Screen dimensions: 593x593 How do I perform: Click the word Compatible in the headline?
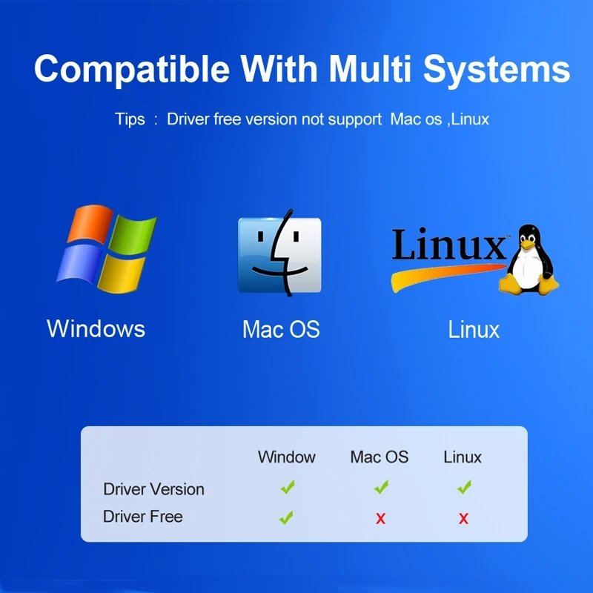pyautogui.click(x=132, y=69)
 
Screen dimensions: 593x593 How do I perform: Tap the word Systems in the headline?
pyautogui.click(x=497, y=70)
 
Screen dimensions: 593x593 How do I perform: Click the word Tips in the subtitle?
pyautogui.click(x=130, y=119)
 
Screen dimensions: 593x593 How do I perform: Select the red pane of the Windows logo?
pyautogui.click(x=90, y=224)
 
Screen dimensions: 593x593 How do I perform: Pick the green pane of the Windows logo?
pyautogui.click(x=134, y=233)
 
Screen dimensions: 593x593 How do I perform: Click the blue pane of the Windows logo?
pyautogui.click(x=79, y=264)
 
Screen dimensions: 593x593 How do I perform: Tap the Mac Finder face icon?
pyautogui.click(x=279, y=254)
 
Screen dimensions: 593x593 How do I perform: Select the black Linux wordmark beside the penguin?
pyautogui.click(x=448, y=244)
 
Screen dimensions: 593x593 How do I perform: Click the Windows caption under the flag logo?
pyautogui.click(x=96, y=328)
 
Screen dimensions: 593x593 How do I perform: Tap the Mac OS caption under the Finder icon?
pyautogui.click(x=281, y=329)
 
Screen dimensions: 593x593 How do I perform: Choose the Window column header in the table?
pyautogui.click(x=287, y=457)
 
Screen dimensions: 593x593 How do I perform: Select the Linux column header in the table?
pyautogui.click(x=462, y=457)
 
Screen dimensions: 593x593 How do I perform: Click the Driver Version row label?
pyautogui.click(x=153, y=489)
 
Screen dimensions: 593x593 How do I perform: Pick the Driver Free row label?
pyautogui.click(x=143, y=516)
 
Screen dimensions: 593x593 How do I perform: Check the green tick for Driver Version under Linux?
pyautogui.click(x=465, y=487)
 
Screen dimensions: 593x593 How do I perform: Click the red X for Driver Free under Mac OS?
pyautogui.click(x=381, y=518)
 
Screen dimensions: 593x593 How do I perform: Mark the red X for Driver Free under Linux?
pyautogui.click(x=464, y=518)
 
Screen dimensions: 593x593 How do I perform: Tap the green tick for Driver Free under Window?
pyautogui.click(x=286, y=517)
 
